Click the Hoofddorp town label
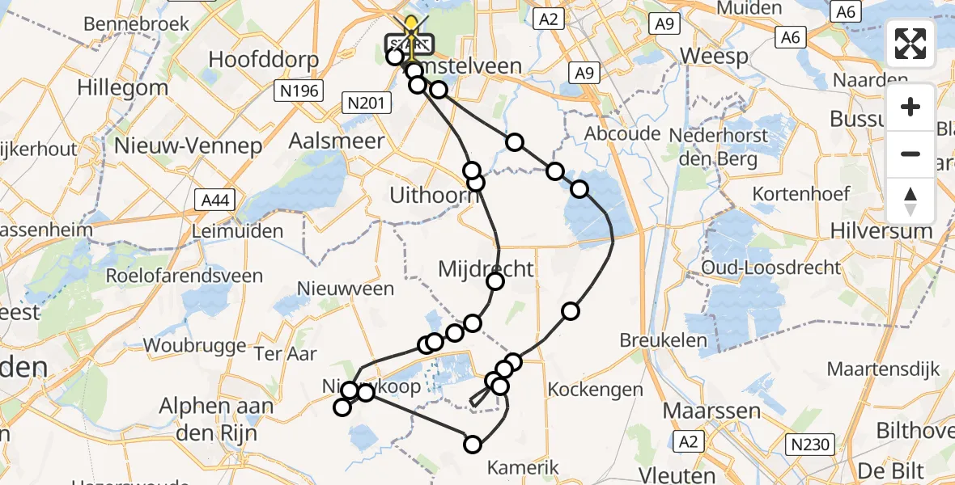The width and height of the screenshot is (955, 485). click(263, 60)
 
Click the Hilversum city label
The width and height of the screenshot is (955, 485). click(881, 230)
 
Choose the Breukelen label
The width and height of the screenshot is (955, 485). click(663, 340)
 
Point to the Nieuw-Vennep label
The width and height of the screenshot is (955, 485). click(189, 145)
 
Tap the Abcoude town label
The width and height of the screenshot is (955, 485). click(622, 133)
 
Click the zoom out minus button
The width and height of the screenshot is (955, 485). click(910, 154)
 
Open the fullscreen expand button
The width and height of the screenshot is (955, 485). click(910, 44)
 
